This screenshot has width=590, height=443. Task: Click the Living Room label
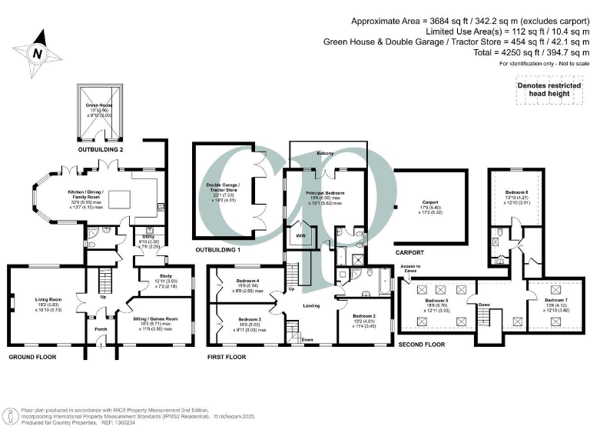(x=48, y=299)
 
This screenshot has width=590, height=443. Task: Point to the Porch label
(x=101, y=330)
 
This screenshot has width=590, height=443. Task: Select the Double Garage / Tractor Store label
(x=225, y=186)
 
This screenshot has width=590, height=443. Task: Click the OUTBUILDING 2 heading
(x=100, y=138)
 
